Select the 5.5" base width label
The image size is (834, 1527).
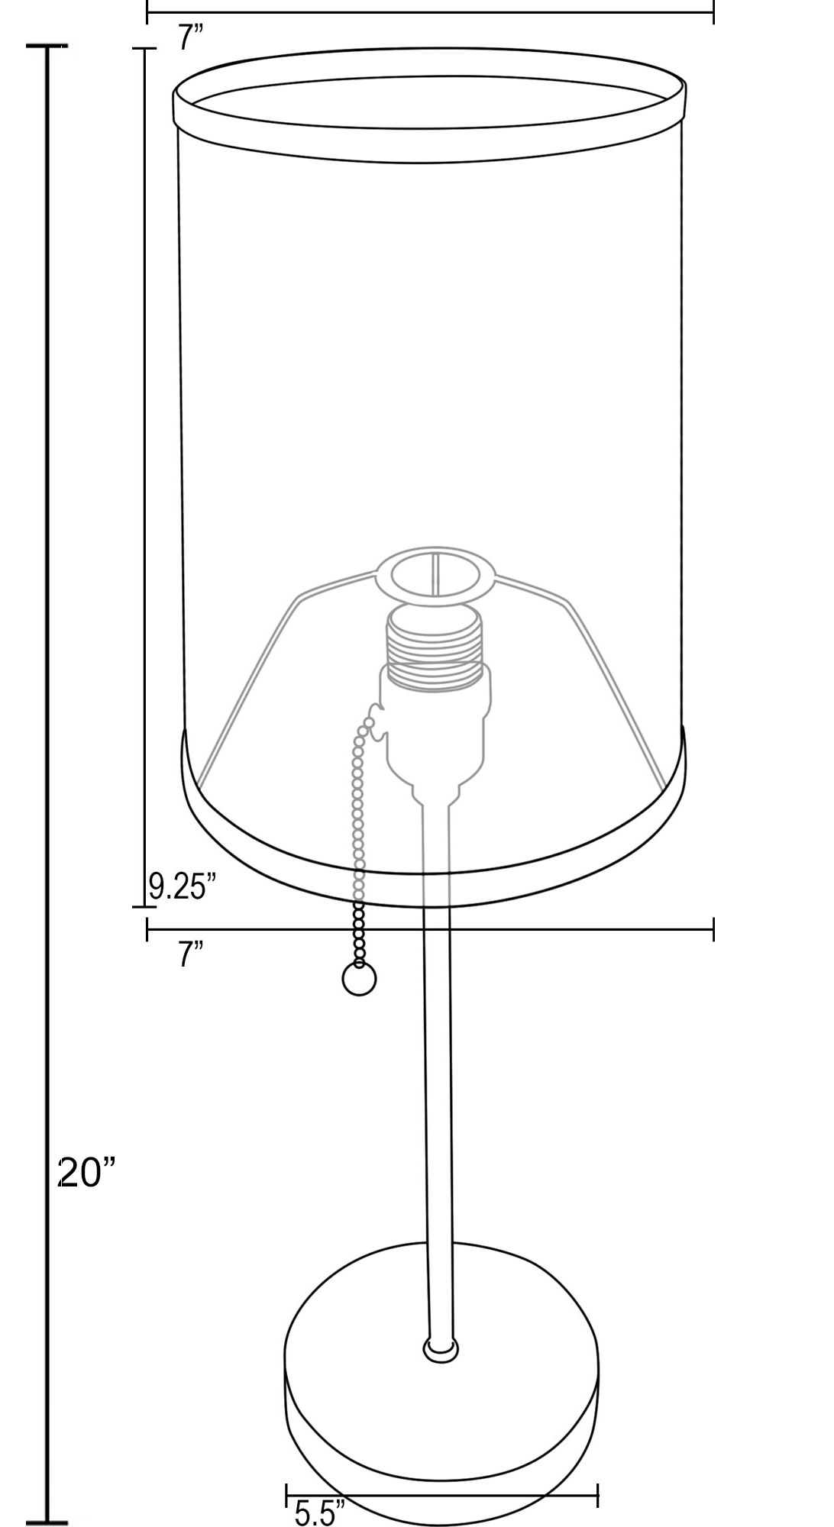pos(320,1513)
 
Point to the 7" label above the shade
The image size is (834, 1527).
pos(192,37)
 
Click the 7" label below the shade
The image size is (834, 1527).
pos(192,954)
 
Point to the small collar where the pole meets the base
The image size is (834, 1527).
pos(441,1350)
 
